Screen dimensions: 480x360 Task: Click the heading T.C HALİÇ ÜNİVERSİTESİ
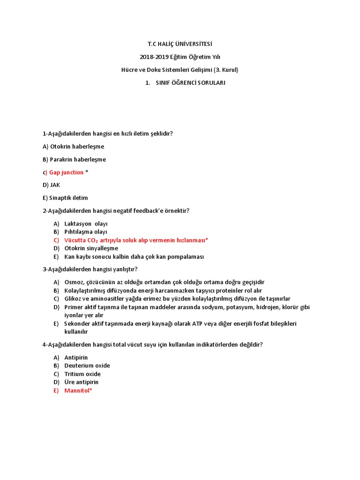(180, 44)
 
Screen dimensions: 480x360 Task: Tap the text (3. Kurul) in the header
(226, 70)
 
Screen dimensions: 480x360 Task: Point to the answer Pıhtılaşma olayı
(86, 232)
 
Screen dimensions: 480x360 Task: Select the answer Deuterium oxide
(87, 366)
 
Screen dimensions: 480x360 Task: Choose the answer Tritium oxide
(82, 374)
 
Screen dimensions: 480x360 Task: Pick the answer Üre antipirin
(82, 382)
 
